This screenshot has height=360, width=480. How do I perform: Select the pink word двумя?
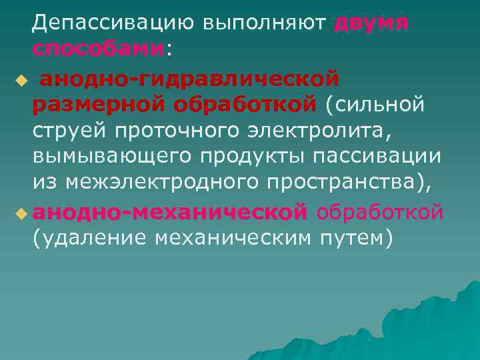point(371,23)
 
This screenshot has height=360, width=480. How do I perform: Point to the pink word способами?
point(97,49)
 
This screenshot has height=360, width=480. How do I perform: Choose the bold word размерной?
point(100,105)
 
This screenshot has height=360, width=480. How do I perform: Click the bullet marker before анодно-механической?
point(21,213)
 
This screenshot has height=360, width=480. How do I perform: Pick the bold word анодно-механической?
point(170,211)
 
